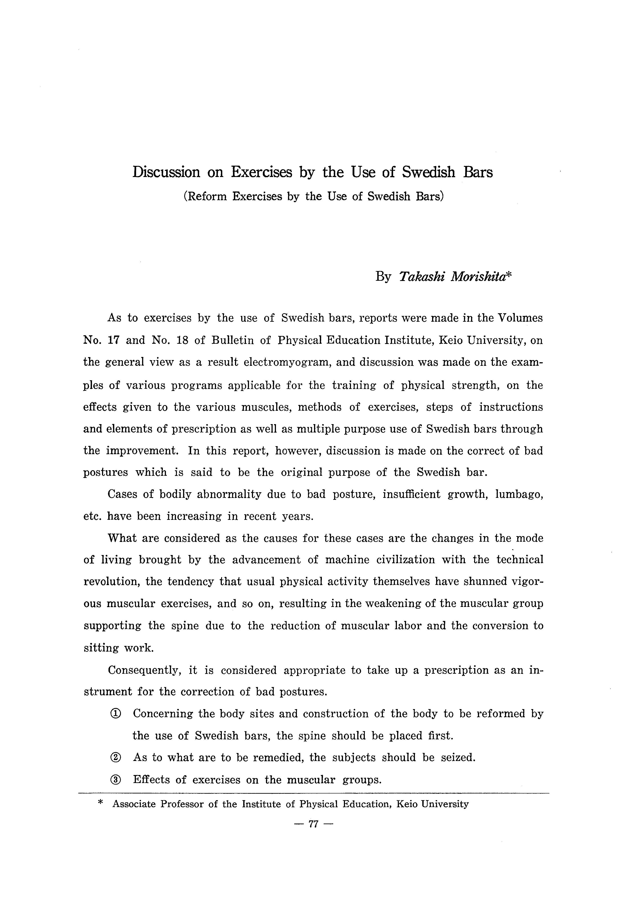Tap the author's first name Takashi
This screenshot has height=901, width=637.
pyautogui.click(x=422, y=277)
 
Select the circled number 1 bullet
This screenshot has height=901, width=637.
pyautogui.click(x=116, y=714)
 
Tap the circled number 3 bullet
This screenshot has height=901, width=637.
pyautogui.click(x=116, y=780)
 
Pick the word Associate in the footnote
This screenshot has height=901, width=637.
pyautogui.click(x=134, y=804)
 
